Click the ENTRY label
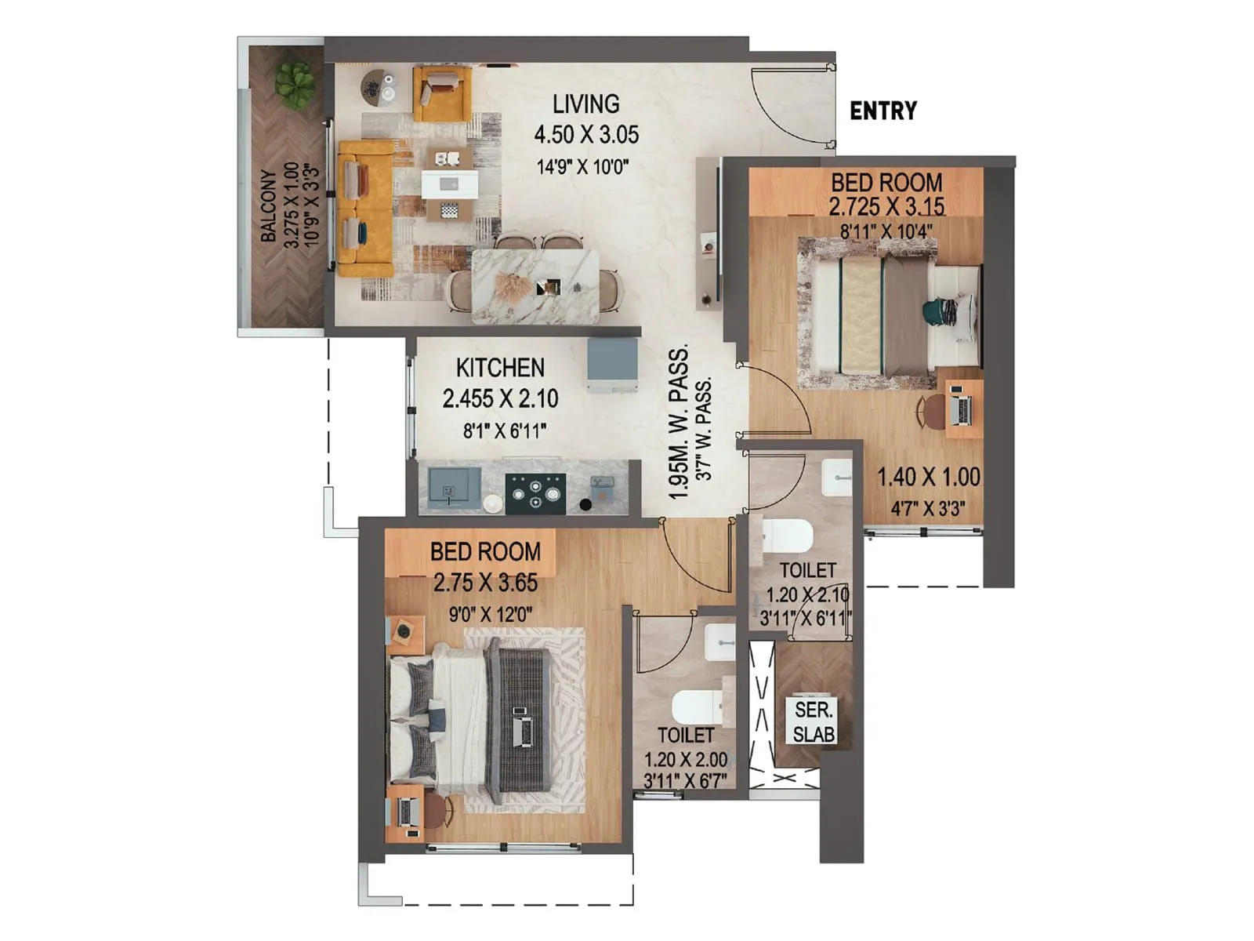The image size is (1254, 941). pos(883,111)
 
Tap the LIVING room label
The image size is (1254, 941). pos(585,104)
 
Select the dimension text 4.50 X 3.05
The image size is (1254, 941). pos(586,135)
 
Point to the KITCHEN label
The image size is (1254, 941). pos(500,368)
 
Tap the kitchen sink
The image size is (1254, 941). pos(454,487)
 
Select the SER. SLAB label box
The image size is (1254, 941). pos(814,721)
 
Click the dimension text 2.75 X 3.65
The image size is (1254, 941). pos(485,583)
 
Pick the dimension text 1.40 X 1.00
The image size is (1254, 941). pos(928,477)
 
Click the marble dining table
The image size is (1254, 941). pos(535,285)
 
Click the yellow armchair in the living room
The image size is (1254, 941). pos(442,93)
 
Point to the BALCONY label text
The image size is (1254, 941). pos(268,205)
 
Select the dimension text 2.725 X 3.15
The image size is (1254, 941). pos(886,207)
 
